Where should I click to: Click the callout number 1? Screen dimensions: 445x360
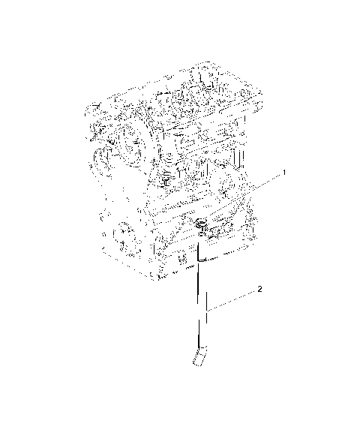click(284, 173)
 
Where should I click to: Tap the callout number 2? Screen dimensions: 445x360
click(259, 288)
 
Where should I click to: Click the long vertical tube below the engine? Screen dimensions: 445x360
click(199, 300)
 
